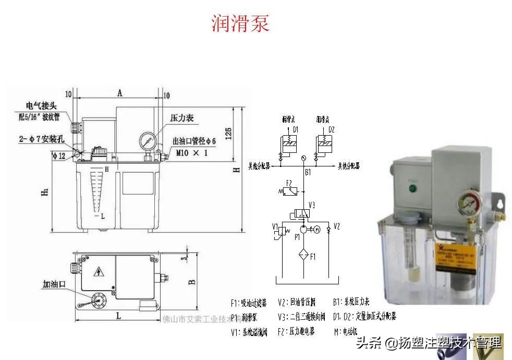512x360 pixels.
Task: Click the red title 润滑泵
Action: tap(240, 23)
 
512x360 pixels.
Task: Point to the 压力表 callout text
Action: tap(182, 118)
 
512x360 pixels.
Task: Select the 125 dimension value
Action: tap(228, 133)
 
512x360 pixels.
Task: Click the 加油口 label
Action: tap(53, 285)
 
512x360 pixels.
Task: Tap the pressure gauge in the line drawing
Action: tap(148, 140)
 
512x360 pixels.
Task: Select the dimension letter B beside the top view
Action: tap(192, 282)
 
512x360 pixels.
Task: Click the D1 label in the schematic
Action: tap(295, 129)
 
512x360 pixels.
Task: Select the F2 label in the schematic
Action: tap(288, 183)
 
